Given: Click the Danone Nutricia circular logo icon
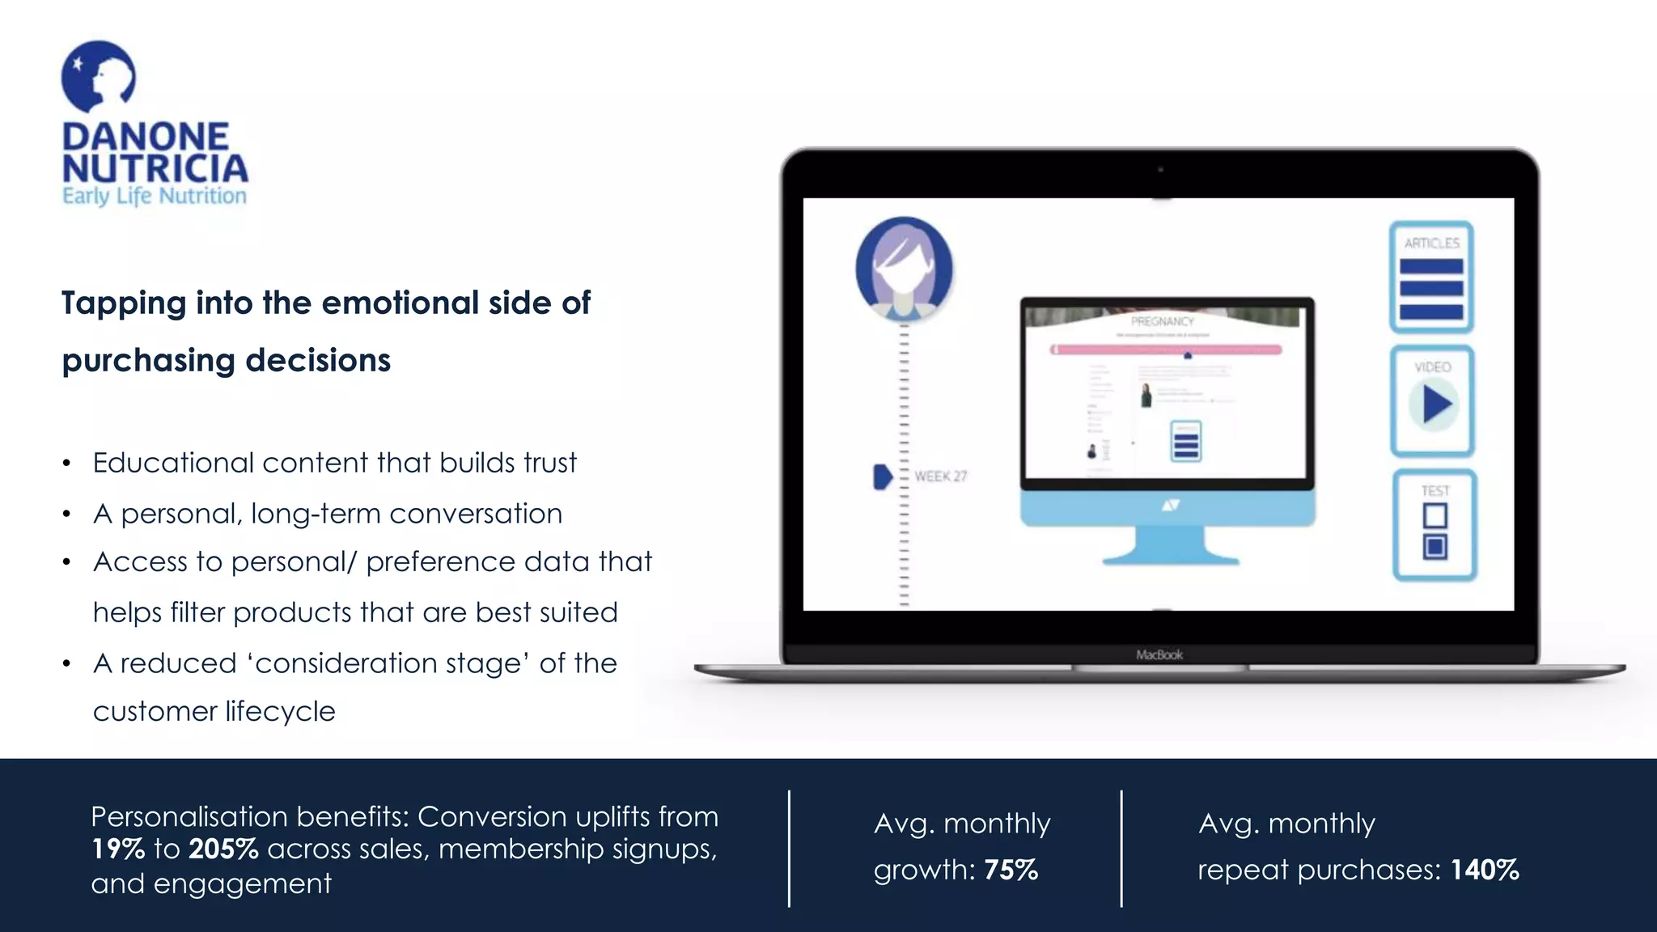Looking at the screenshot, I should [x=98, y=77].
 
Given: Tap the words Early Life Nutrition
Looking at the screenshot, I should [x=154, y=196].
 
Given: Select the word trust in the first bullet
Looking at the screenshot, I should [x=549, y=463].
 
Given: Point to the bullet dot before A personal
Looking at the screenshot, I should [x=66, y=515].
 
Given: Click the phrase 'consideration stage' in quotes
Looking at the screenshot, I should [x=388, y=663].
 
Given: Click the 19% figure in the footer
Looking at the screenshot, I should [x=117, y=849].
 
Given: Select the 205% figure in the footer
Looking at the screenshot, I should [x=223, y=849].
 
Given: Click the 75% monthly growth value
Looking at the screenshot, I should [x=1011, y=870].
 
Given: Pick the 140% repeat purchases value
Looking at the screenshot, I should [x=1484, y=870].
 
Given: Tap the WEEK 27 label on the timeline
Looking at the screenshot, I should [x=940, y=477].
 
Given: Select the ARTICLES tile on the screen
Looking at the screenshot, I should [x=1431, y=277].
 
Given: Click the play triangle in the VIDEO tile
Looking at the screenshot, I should [x=1435, y=405].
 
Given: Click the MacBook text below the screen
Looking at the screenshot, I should [x=1159, y=655].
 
